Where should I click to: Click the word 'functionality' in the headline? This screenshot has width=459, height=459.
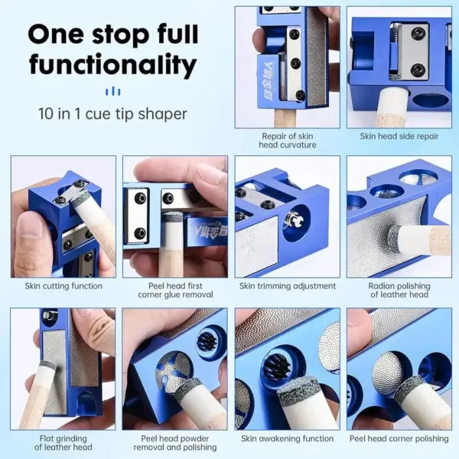pyautogui.click(x=113, y=65)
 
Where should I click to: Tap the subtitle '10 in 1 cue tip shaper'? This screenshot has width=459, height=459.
pyautogui.click(x=112, y=113)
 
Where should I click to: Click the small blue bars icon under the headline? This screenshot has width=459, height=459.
pyautogui.click(x=112, y=92)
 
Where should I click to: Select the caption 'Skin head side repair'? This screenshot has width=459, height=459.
pyautogui.click(x=399, y=136)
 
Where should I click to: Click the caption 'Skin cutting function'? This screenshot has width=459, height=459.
pyautogui.click(x=63, y=285)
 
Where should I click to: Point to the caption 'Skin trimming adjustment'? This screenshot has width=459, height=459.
pyautogui.click(x=288, y=285)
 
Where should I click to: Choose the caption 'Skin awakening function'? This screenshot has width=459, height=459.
pyautogui.click(x=287, y=438)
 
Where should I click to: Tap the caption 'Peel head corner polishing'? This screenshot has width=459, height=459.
pyautogui.click(x=399, y=438)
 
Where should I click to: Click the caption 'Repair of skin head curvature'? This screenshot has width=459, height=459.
pyautogui.click(x=288, y=141)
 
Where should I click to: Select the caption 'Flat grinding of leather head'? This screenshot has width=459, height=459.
pyautogui.click(x=63, y=443)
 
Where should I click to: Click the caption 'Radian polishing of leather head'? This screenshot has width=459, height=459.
pyautogui.click(x=399, y=290)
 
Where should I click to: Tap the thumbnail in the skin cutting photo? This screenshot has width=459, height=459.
pyautogui.click(x=30, y=234)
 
